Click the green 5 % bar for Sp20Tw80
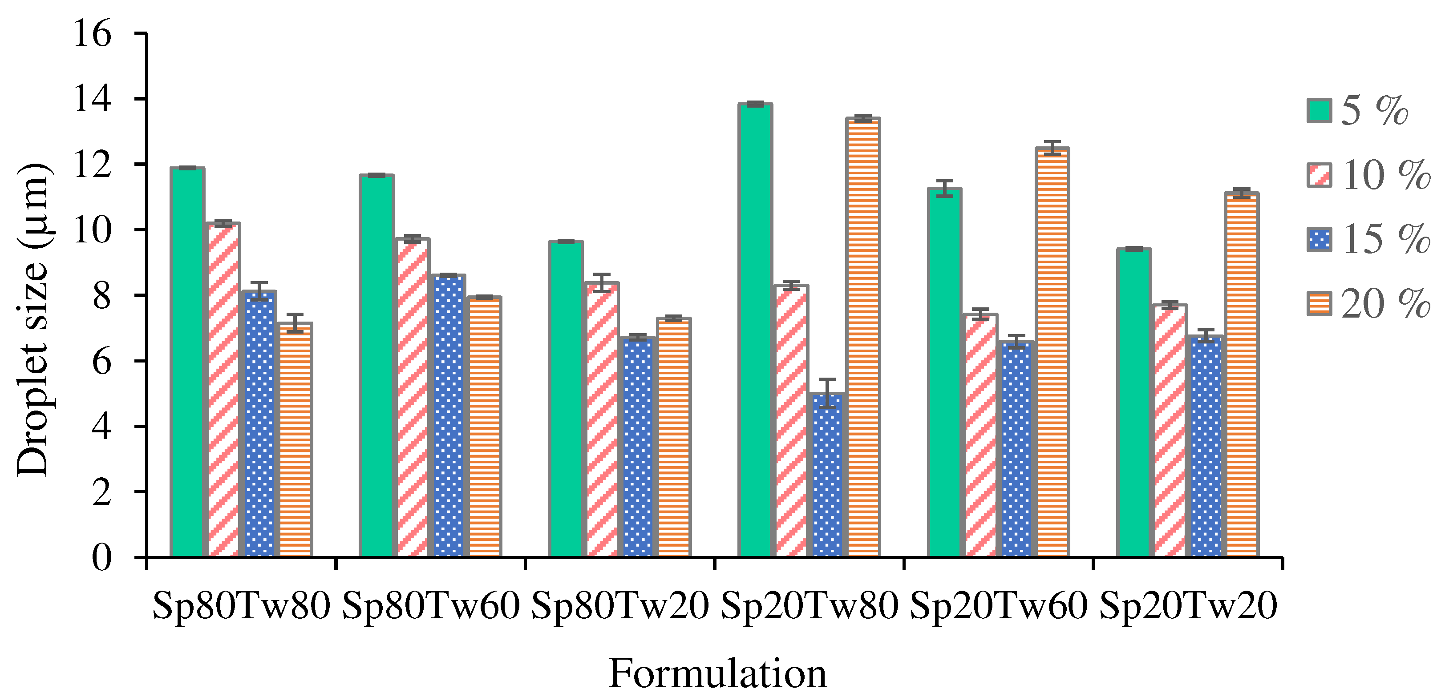coord(755,330)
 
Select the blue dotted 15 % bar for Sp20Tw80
coord(827,475)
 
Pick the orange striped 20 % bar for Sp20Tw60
coord(1052,352)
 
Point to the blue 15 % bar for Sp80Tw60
coord(449,416)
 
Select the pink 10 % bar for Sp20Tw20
coord(1169,431)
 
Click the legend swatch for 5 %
coord(1319,110)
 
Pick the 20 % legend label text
coord(1385,305)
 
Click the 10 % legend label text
coord(1385,175)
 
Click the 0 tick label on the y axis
coord(101,557)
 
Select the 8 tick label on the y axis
coord(101,296)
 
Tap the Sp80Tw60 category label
coord(431,606)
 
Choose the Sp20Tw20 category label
coord(1188,606)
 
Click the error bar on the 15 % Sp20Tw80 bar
coord(827,394)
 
